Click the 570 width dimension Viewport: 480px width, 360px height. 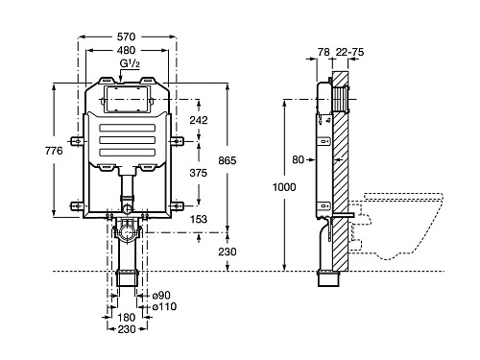coord(126,36)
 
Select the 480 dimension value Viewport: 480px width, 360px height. coord(126,50)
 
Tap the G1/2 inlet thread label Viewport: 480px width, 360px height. coord(130,63)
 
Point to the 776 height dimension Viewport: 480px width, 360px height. coord(54,151)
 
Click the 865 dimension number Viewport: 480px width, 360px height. coord(228,160)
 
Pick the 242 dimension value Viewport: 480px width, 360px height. coord(199,120)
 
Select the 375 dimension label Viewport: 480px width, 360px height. coord(199,173)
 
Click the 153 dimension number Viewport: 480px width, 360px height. coord(199,219)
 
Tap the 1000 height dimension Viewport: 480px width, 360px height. coord(284,187)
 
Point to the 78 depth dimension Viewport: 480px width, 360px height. coord(324,52)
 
